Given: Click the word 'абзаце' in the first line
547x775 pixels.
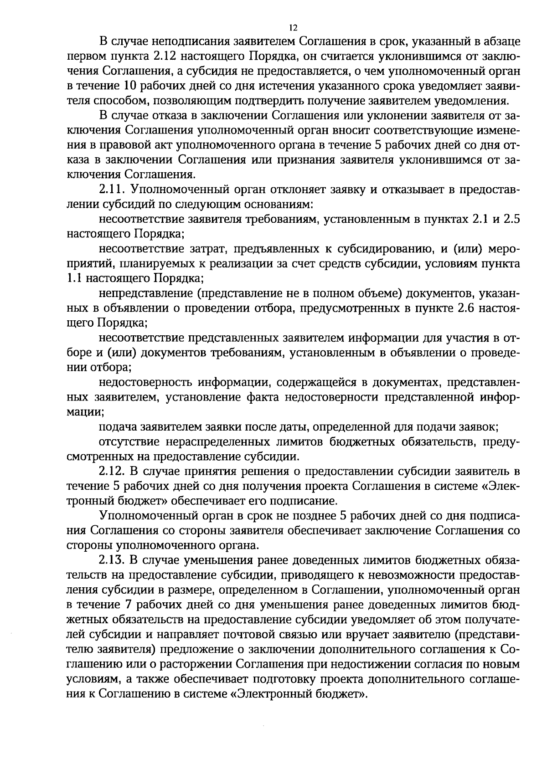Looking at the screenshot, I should pos(501,41).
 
